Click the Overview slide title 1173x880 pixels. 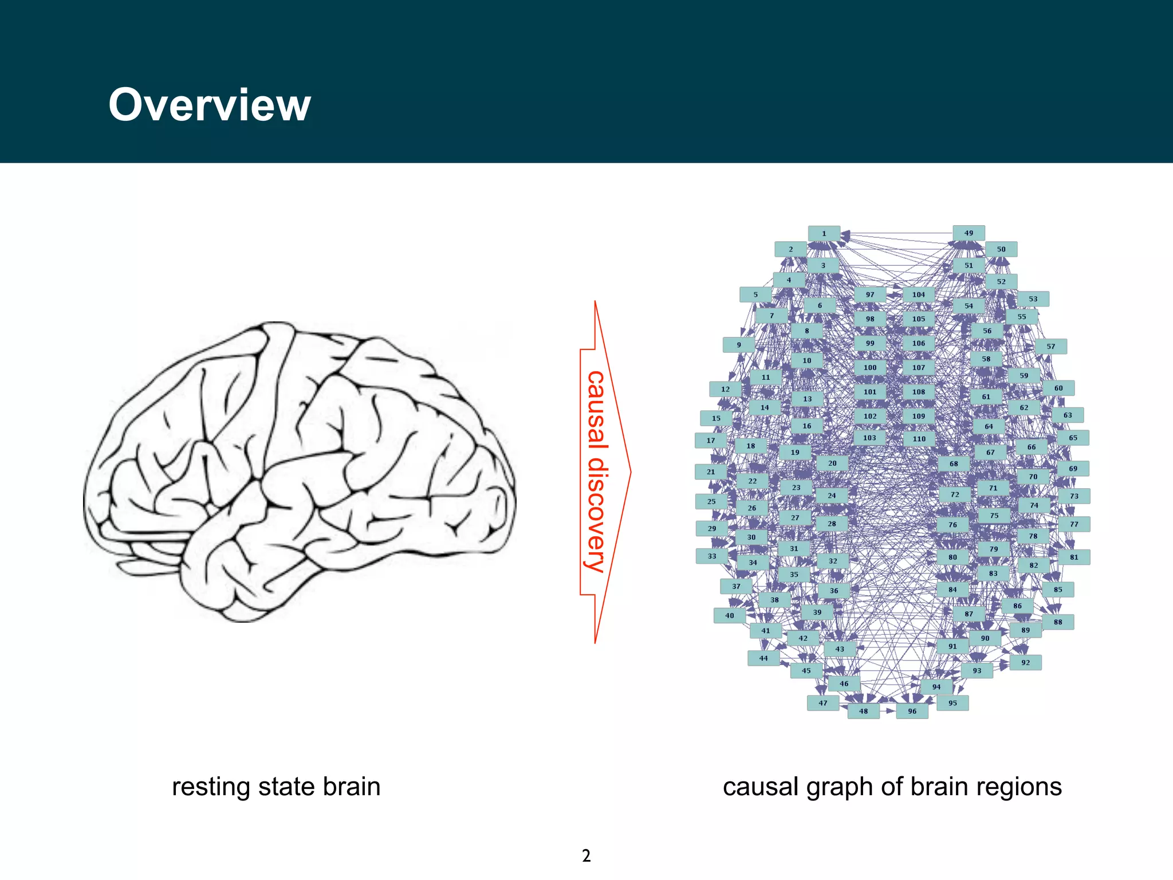[210, 105]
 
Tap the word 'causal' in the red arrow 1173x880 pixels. [596, 410]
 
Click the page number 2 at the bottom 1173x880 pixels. [586, 855]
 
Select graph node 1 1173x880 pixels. [824, 233]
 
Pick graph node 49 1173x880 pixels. [969, 233]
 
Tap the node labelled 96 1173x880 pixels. [912, 711]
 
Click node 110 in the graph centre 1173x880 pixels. [919, 439]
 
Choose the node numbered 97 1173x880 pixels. [870, 294]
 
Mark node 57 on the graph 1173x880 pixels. [1050, 346]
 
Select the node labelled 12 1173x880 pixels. [725, 389]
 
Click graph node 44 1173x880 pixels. [763, 658]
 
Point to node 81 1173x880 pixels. [1074, 557]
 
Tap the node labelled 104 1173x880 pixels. [919, 294]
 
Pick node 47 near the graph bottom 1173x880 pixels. [822, 703]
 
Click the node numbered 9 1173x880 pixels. [738, 345]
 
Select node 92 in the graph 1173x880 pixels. [1025, 662]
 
